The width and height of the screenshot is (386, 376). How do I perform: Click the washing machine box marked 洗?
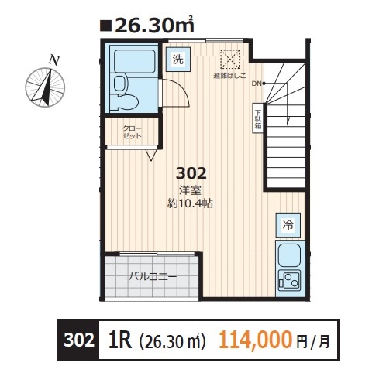[177, 60]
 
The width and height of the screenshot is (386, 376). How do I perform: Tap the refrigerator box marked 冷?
[288, 225]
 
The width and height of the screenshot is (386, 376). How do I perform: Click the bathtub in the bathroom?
[134, 61]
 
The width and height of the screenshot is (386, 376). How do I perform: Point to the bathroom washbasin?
[119, 84]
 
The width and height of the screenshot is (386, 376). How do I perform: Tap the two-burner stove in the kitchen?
[289, 280]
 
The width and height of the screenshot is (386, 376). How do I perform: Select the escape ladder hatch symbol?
[230, 60]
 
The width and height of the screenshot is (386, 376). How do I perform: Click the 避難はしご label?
[229, 76]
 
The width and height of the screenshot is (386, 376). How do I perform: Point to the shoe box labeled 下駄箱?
[258, 118]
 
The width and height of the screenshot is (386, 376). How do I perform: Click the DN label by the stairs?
[257, 84]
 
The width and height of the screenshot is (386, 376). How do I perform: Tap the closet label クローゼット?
[132, 132]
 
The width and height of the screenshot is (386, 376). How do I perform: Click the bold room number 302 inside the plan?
[191, 173]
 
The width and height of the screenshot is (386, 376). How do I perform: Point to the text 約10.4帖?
[190, 203]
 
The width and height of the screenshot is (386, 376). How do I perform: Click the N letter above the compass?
[54, 60]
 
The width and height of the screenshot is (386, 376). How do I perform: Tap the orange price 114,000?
[256, 340]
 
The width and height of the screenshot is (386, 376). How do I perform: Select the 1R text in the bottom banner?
[120, 340]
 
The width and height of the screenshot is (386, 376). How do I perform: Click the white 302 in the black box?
[79, 340]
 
